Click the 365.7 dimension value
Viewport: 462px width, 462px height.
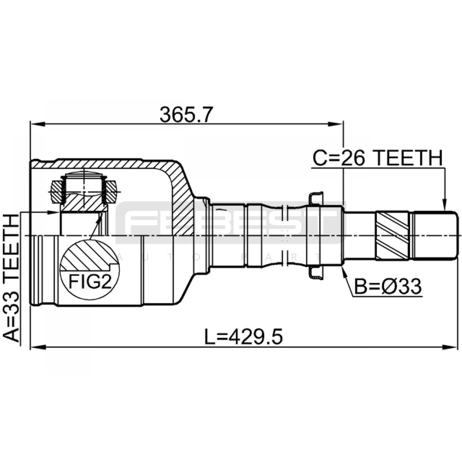pos(186,115)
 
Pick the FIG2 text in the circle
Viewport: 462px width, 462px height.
pos(90,282)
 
